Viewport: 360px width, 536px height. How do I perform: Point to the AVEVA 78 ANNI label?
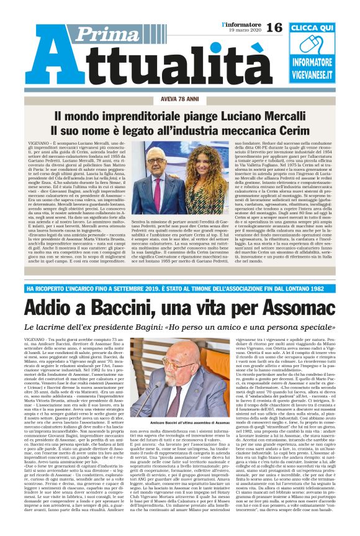click(x=179, y=99)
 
